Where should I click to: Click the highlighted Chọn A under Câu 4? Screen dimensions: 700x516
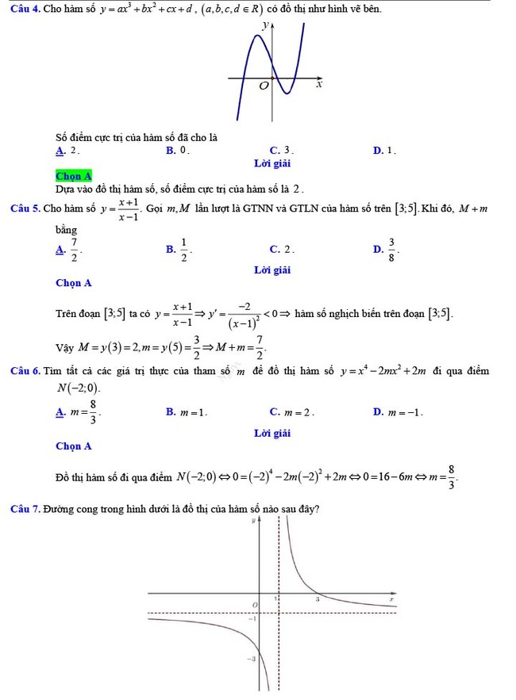coord(74,176)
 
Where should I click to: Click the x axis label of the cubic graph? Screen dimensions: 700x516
coord(319,84)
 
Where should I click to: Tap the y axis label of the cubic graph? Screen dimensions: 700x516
coord(265,27)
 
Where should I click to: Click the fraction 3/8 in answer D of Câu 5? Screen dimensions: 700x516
coord(391,251)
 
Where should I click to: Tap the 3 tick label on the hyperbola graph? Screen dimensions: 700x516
coord(316,600)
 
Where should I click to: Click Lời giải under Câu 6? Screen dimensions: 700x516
coord(271,433)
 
